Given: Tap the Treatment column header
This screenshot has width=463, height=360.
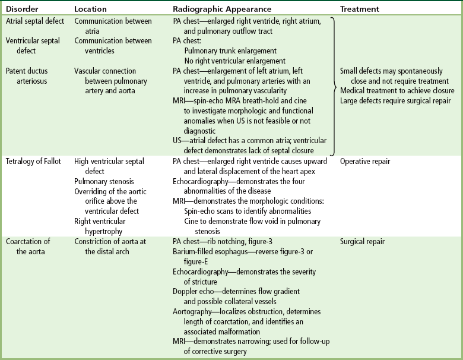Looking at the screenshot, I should tap(360, 10).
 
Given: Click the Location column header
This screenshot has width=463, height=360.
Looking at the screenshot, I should tap(91, 10).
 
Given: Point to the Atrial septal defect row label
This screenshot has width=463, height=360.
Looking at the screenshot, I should tap(35, 21).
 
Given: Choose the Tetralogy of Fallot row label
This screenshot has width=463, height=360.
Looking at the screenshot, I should tap(34, 161).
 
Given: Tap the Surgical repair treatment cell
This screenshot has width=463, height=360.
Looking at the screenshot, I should tap(362, 242).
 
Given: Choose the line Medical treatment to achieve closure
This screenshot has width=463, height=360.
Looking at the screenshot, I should tap(397, 90).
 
